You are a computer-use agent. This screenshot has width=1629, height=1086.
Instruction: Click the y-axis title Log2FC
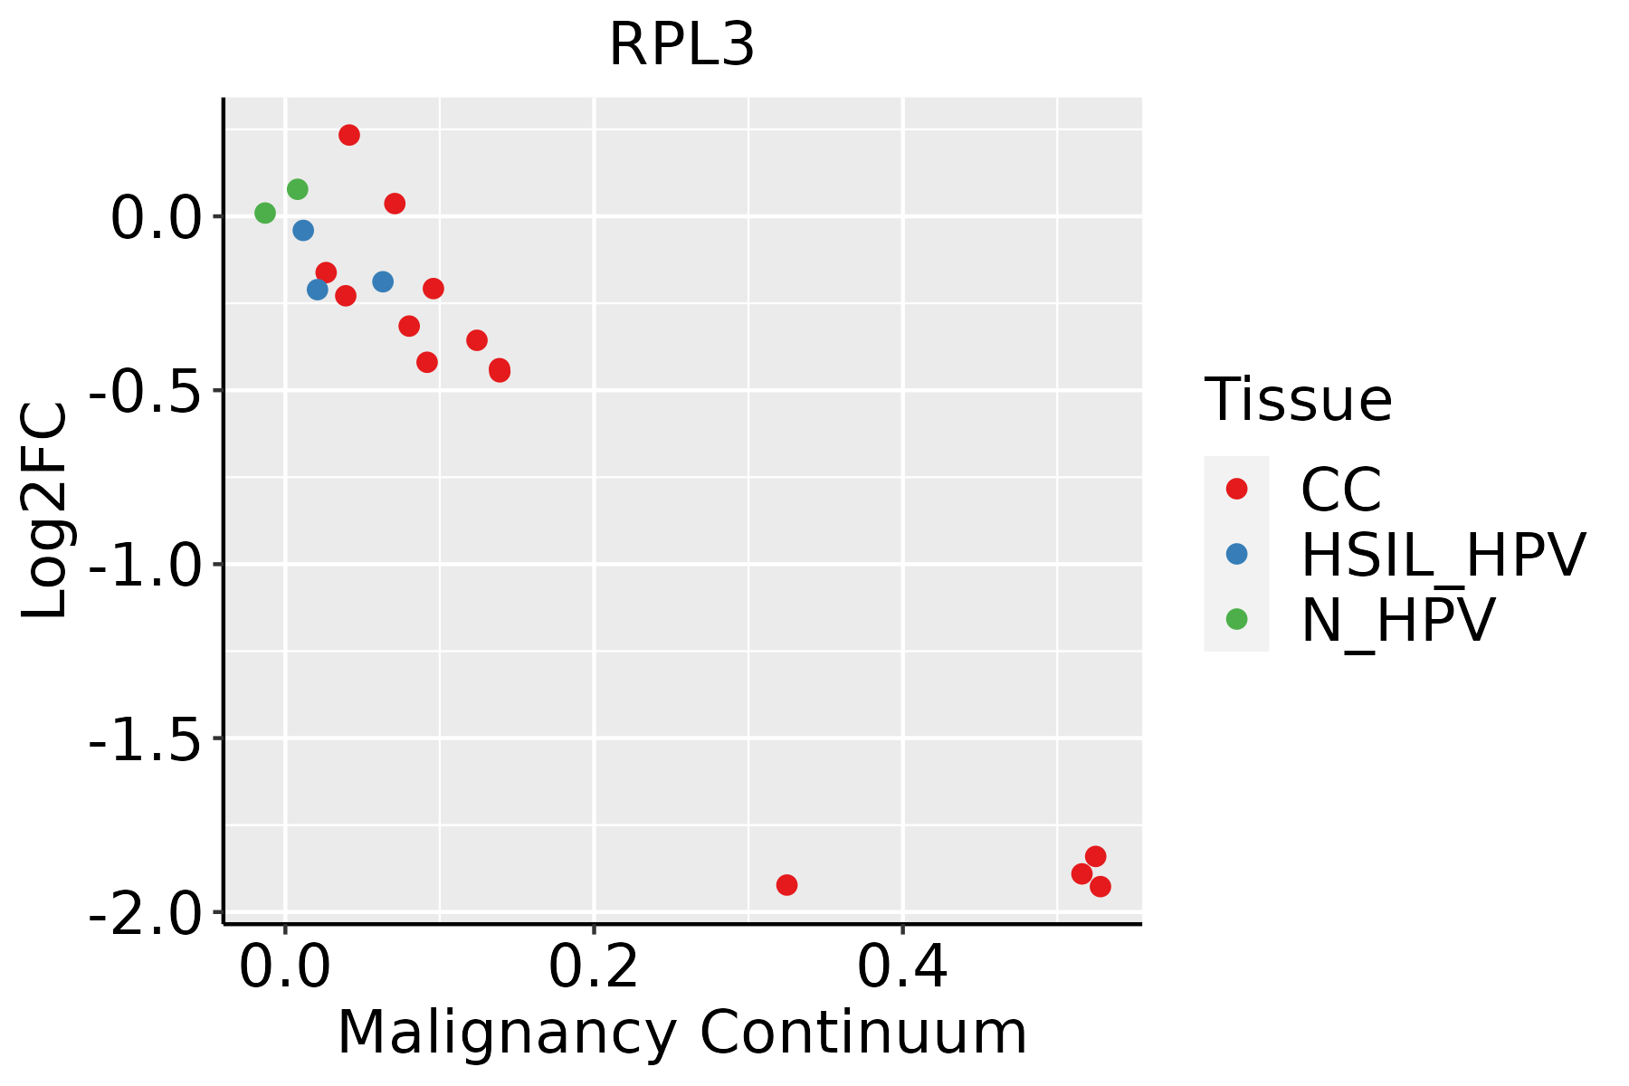tap(45, 511)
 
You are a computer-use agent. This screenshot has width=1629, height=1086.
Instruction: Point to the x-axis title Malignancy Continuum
tap(681, 1034)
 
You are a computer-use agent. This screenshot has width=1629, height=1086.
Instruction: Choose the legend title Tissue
tap(1298, 399)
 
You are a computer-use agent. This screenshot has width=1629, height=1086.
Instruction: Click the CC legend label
tap(1340, 490)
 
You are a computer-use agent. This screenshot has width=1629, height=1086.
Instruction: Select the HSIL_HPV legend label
tap(1443, 555)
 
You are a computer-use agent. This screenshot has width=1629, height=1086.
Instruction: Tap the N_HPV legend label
tap(1397, 620)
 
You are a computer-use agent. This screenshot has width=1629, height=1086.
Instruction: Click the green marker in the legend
tap(1236, 619)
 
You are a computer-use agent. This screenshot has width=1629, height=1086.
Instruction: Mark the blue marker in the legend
tap(1236, 554)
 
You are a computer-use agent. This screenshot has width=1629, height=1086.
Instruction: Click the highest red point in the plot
tap(349, 135)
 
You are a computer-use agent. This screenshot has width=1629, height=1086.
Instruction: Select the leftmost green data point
tap(265, 214)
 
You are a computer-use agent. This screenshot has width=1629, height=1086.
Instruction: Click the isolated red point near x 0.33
tap(786, 885)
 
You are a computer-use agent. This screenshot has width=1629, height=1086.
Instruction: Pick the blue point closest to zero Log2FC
tap(303, 231)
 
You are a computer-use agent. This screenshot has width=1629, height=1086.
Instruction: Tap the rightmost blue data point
tap(383, 282)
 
